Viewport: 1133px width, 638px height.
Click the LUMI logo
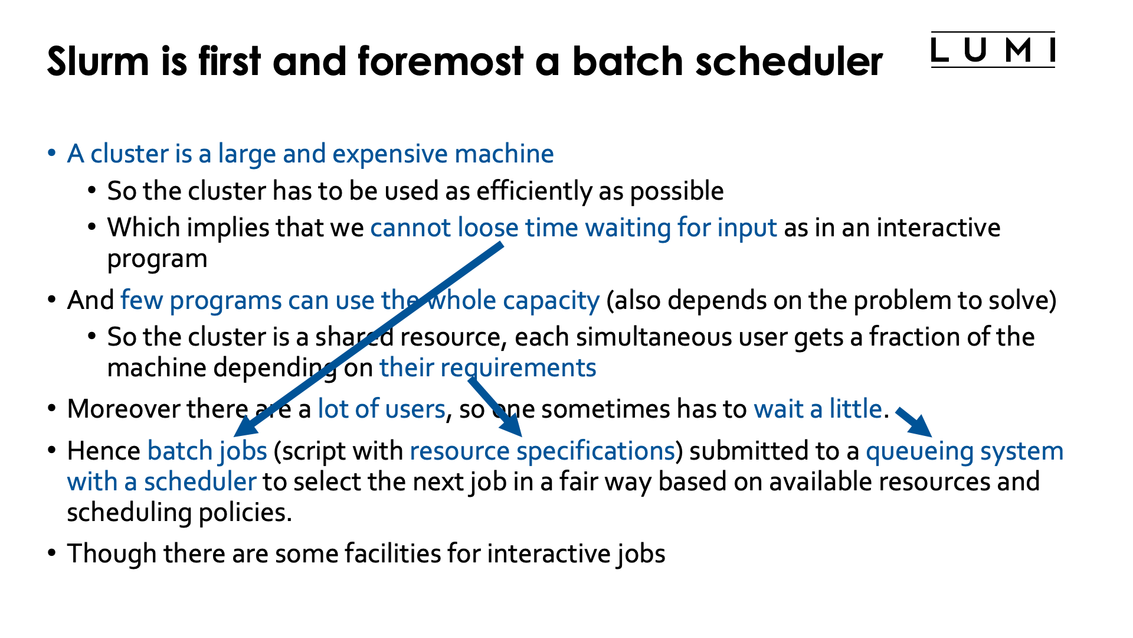[x=993, y=50]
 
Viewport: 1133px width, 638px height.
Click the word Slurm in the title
[x=98, y=61]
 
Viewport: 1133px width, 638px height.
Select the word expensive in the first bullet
[x=390, y=154]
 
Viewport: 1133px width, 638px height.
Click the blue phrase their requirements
[x=487, y=368]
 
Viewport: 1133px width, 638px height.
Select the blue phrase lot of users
[x=381, y=409]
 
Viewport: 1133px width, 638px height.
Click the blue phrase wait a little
[x=817, y=409]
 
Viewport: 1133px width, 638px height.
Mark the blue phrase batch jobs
[x=207, y=451]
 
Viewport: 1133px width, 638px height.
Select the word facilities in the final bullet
[x=392, y=554]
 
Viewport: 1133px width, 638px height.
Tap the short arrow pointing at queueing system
[x=915, y=422]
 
